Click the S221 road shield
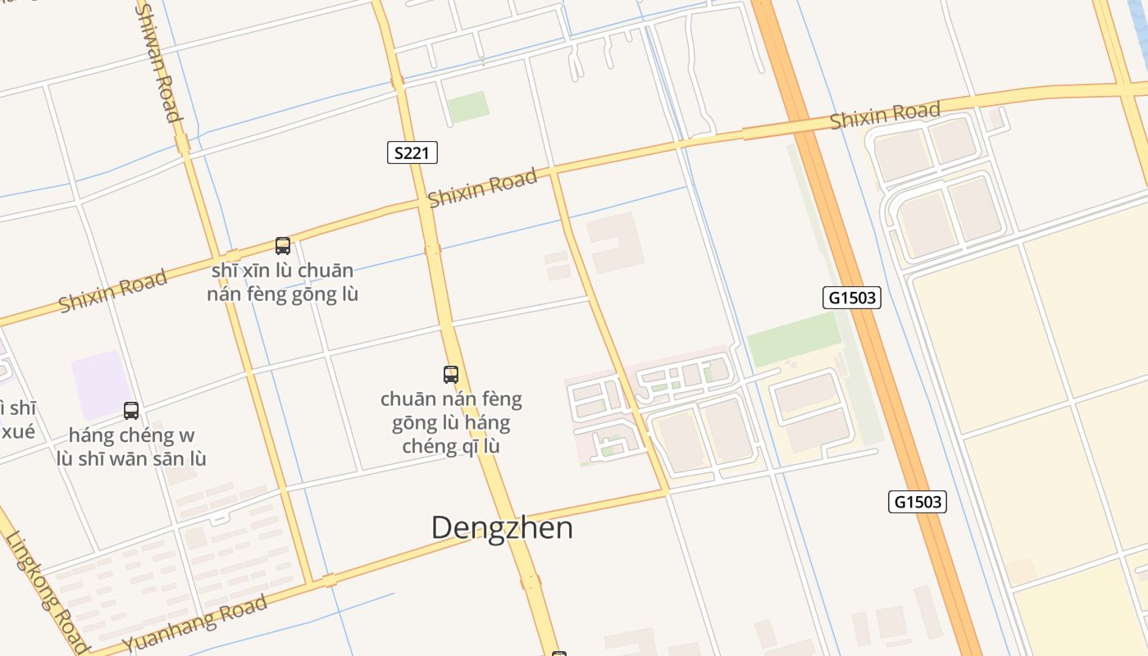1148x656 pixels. (x=412, y=153)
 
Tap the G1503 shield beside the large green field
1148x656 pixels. (x=851, y=298)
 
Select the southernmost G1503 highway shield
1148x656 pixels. (x=917, y=502)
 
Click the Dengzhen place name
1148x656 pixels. (x=502, y=527)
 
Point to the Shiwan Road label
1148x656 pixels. (x=157, y=61)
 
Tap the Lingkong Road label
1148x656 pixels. (x=47, y=592)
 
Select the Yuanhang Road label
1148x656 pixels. (x=195, y=624)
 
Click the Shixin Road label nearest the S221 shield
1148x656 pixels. (x=483, y=188)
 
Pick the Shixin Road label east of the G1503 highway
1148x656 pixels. (x=884, y=116)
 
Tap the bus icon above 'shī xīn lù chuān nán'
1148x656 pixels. (x=283, y=245)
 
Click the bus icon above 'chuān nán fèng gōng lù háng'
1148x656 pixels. (x=450, y=375)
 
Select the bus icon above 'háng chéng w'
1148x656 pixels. (x=131, y=410)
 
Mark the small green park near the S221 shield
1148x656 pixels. (x=468, y=107)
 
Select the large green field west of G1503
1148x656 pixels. (x=794, y=339)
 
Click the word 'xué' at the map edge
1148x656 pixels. (x=18, y=430)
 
